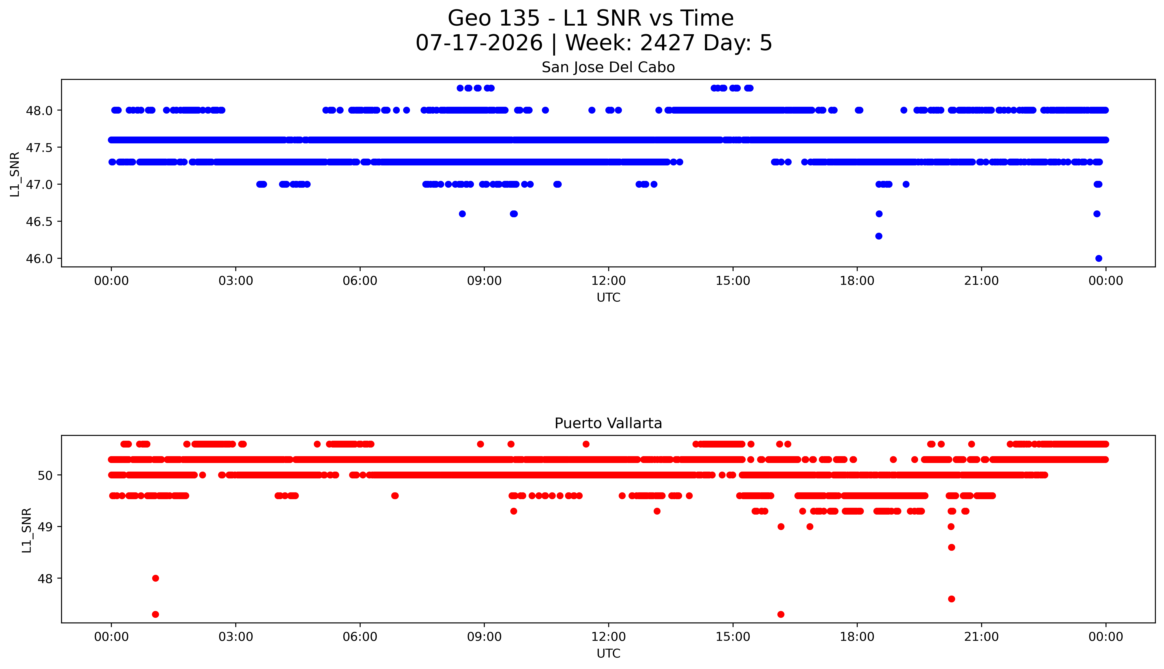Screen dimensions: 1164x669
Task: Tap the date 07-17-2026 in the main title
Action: (479, 43)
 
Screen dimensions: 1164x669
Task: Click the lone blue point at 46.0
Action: (1098, 258)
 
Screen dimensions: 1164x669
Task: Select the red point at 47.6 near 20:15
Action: (951, 599)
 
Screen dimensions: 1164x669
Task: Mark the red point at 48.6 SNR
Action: (951, 547)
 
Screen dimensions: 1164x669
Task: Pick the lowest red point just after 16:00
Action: (780, 614)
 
